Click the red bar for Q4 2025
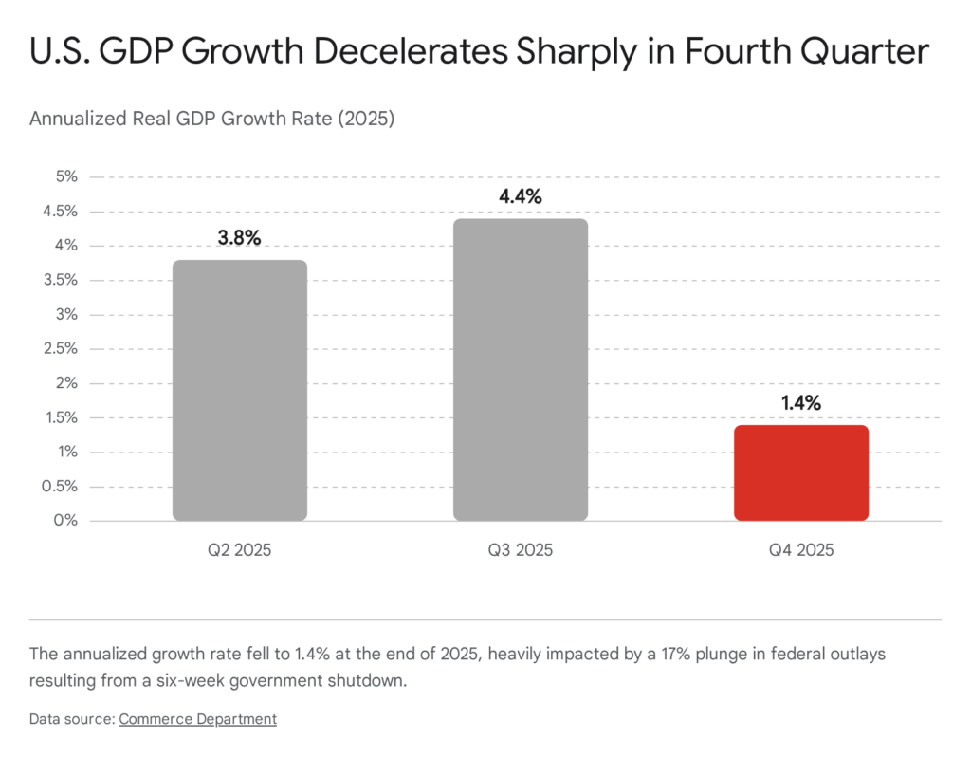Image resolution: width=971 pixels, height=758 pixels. coord(801,472)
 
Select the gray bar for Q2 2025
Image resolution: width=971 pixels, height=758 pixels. coord(239,390)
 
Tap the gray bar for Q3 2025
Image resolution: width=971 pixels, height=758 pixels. coord(520,369)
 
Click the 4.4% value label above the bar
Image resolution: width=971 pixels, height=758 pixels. coord(520,197)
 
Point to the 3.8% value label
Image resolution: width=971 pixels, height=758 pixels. coord(239,239)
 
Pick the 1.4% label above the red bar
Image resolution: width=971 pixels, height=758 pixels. coord(801,404)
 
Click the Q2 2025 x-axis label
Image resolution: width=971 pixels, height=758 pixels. coord(239,550)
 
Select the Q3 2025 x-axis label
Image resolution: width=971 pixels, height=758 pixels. coord(520,550)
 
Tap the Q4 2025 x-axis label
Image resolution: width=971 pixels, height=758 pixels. coord(801,550)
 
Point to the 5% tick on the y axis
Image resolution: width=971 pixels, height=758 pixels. coord(65,176)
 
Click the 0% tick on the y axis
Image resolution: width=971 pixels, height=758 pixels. coord(65,521)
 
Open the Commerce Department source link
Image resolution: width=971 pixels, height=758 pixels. coord(197,719)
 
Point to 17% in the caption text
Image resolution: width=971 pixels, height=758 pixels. coord(688,655)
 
